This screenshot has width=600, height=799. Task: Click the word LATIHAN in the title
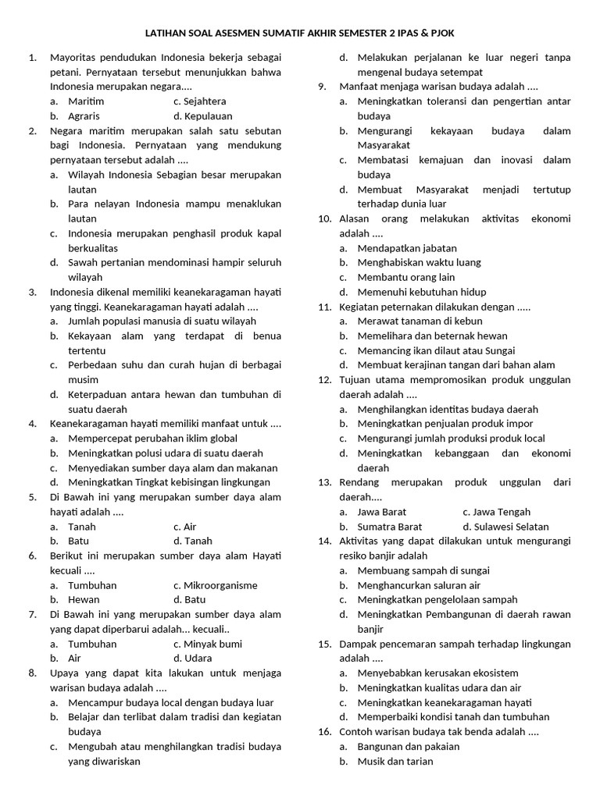(x=167, y=34)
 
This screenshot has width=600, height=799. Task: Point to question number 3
(x=33, y=292)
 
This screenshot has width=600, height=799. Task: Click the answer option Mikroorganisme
(x=215, y=585)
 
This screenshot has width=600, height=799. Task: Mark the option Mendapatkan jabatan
(x=407, y=248)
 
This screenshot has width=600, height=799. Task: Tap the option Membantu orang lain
(x=405, y=277)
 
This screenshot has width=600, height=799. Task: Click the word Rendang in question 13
(x=359, y=482)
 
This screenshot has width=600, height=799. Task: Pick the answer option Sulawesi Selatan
(x=505, y=527)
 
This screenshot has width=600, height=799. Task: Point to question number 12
(x=325, y=380)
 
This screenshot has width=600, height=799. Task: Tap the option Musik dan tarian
(x=395, y=761)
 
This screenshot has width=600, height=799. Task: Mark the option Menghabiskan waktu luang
(x=419, y=263)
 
